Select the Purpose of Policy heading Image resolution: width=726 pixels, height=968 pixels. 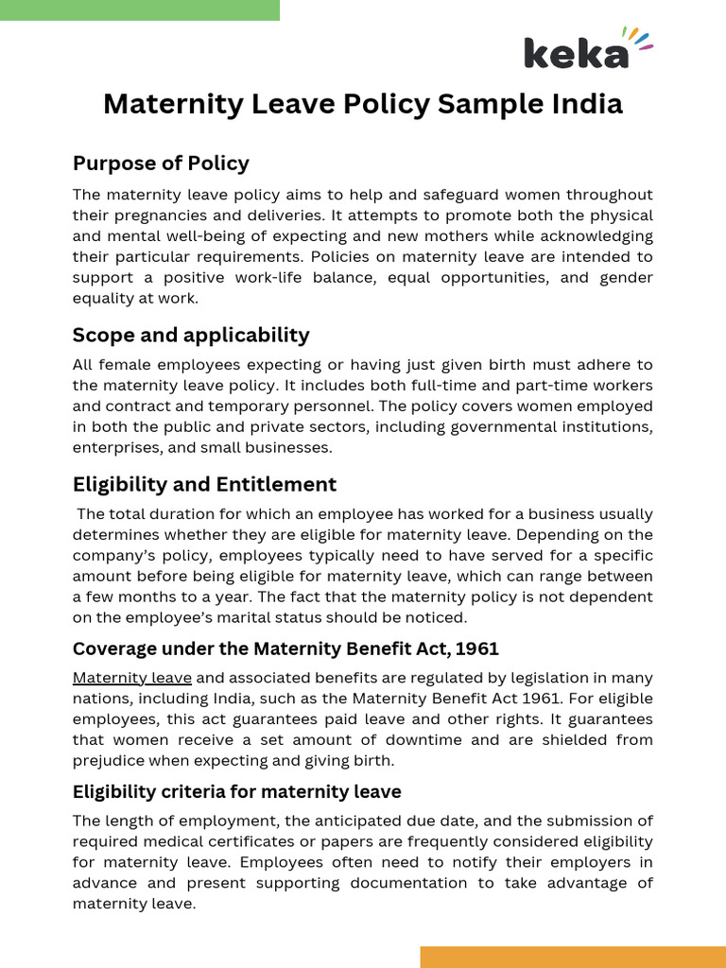(x=161, y=164)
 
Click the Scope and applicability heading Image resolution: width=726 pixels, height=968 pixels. (x=191, y=336)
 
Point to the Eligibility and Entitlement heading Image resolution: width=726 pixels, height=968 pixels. (x=204, y=485)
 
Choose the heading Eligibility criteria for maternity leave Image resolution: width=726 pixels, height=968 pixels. (x=236, y=792)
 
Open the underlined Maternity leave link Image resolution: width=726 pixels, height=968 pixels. (x=132, y=679)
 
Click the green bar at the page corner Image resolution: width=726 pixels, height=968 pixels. (x=140, y=9)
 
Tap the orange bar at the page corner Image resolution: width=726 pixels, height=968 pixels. (x=573, y=957)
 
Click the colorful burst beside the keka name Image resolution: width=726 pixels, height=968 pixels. (x=641, y=40)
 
